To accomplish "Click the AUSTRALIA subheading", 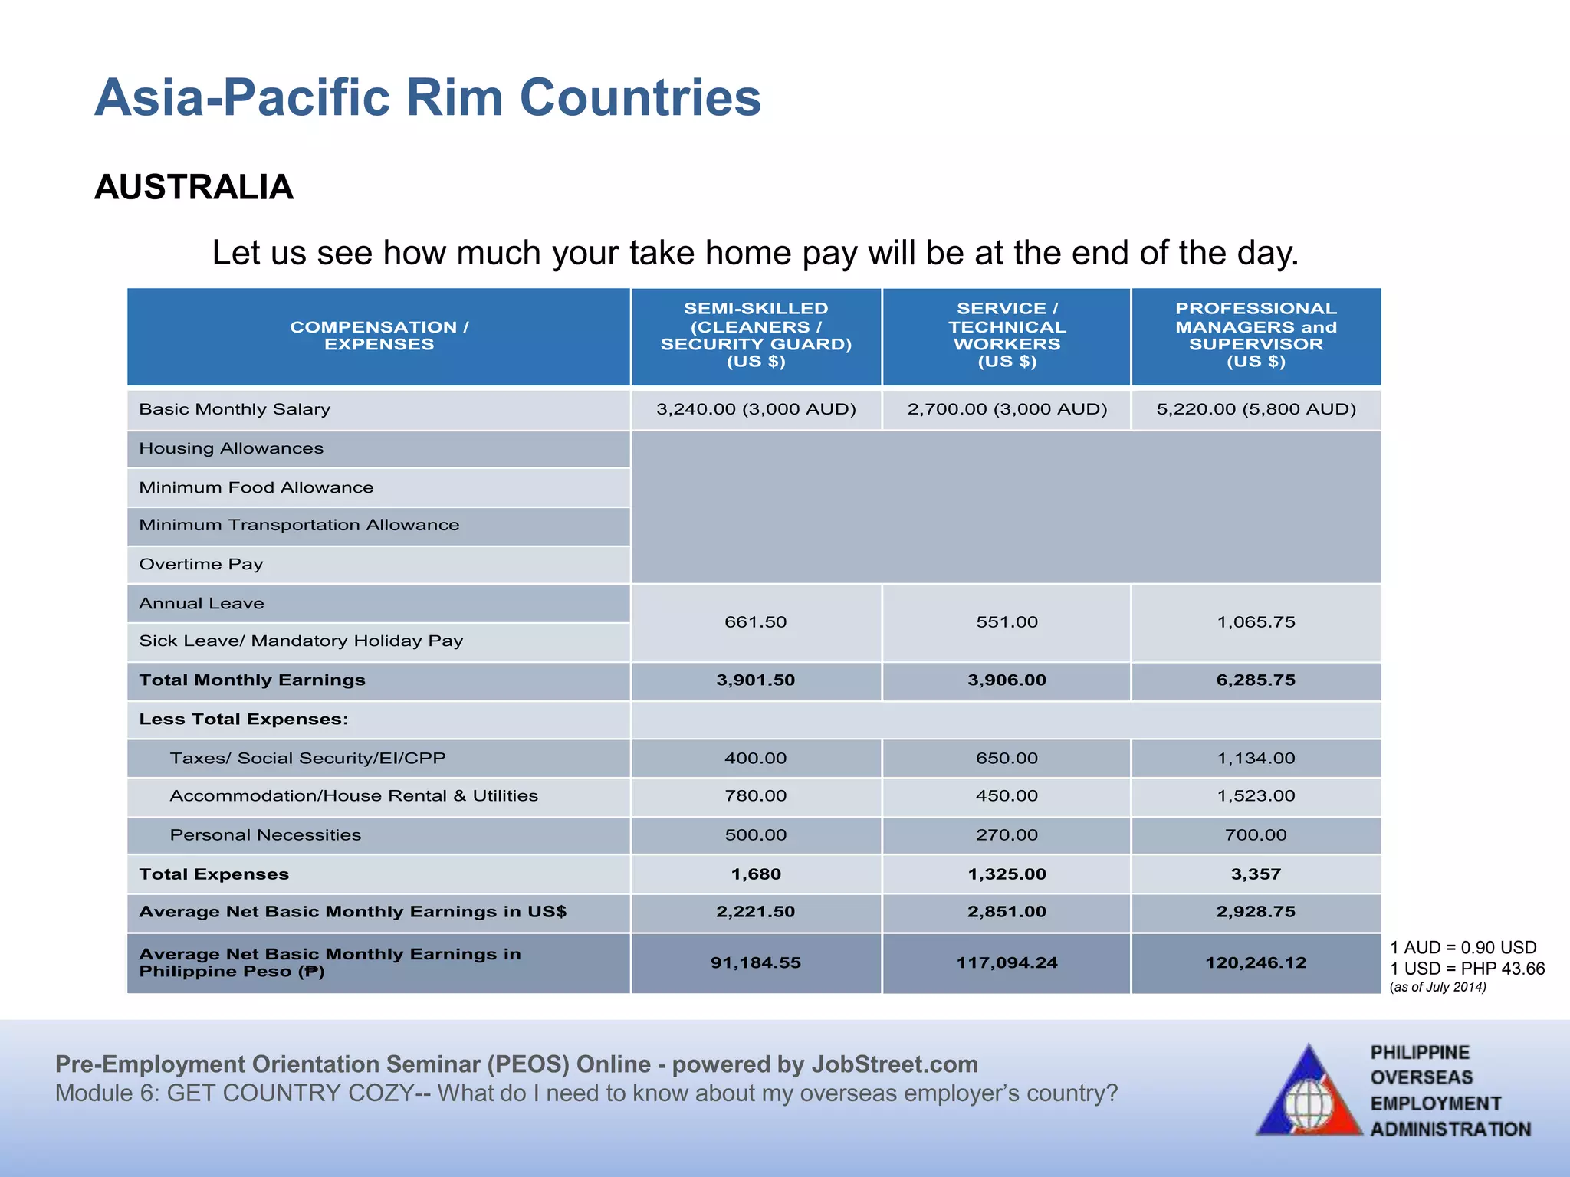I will click(194, 188).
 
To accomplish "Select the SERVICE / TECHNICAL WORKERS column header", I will click(1007, 336).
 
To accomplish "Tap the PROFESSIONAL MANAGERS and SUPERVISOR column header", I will click(1256, 336).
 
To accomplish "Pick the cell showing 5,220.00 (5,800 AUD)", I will click(1256, 409).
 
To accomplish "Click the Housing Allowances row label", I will click(231, 449).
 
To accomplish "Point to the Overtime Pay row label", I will click(201, 565).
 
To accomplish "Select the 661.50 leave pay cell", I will click(755, 622).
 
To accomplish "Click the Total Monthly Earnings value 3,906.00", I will click(1007, 680).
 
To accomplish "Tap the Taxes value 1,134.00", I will click(1256, 759).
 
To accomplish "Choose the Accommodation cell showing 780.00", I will click(755, 796).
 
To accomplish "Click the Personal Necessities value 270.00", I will click(1007, 835).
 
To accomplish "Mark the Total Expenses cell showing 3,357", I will click(1256, 874).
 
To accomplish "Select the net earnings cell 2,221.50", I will click(755, 912).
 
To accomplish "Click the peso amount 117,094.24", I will click(1007, 963).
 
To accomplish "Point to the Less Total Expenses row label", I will click(243, 720).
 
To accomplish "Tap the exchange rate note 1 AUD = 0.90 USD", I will click(1463, 948).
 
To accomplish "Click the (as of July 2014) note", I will click(1437, 987).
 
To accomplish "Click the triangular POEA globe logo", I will click(1309, 1094).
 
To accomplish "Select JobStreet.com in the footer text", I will click(894, 1064).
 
